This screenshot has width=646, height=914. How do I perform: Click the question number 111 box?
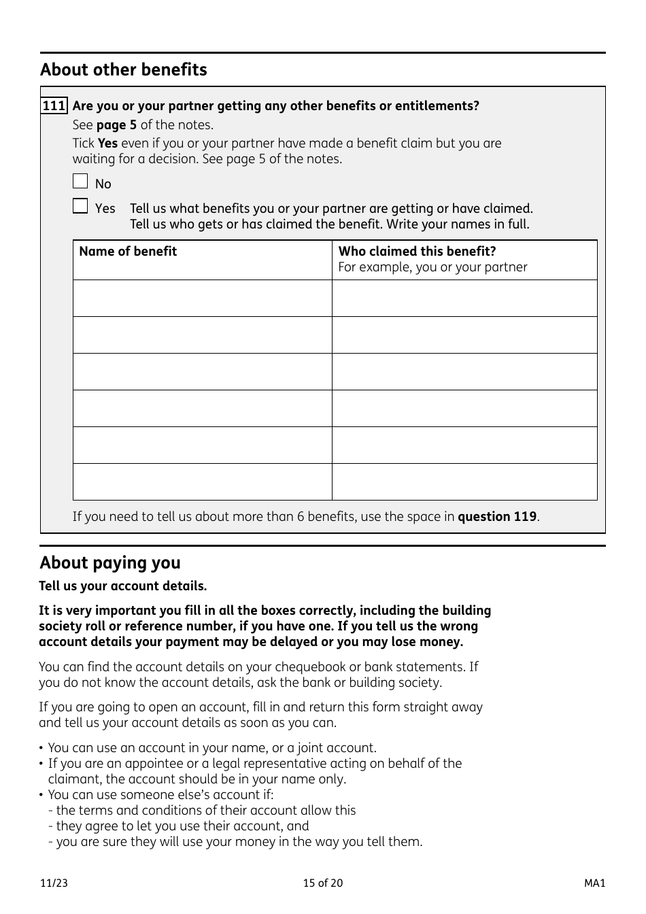click(54, 106)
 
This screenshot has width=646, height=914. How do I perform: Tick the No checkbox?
click(80, 181)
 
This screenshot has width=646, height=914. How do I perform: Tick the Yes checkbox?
click(80, 205)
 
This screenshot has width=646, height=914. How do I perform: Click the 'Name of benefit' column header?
click(128, 252)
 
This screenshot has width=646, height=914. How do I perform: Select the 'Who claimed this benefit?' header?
click(417, 252)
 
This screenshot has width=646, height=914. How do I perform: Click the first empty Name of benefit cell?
click(202, 299)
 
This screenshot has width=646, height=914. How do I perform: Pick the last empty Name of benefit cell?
click(202, 482)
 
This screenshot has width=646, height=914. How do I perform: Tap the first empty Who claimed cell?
click(464, 299)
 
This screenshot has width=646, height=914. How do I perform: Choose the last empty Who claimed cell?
click(464, 482)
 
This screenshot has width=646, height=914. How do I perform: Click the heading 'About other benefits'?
click(123, 70)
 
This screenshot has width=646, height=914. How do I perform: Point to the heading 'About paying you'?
click(110, 563)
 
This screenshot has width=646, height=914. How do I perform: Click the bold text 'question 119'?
click(497, 517)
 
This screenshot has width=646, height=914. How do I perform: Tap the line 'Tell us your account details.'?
click(123, 586)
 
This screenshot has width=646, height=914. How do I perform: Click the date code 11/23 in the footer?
click(54, 883)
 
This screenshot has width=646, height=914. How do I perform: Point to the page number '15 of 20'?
click(323, 883)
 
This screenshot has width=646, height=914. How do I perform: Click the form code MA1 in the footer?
click(594, 883)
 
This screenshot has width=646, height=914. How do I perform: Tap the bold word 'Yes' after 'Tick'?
click(107, 143)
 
